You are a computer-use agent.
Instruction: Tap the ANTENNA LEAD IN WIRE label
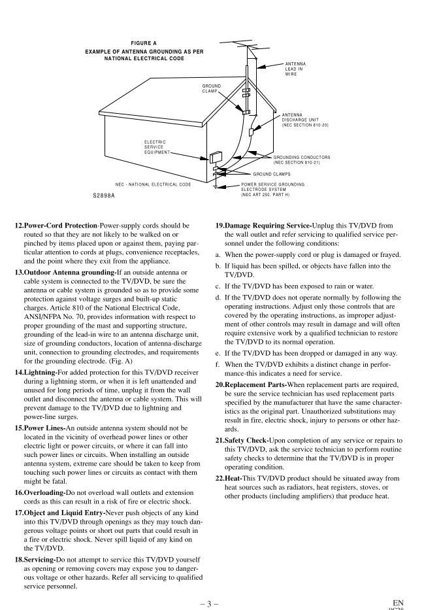(295, 69)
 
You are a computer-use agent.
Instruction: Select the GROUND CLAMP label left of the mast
(211, 88)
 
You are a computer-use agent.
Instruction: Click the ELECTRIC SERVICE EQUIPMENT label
(155, 146)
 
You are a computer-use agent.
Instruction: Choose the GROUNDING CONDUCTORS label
(301, 160)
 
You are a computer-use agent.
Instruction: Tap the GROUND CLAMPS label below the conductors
(272, 174)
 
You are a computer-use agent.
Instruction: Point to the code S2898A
(104, 195)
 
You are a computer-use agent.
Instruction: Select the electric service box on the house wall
(215, 158)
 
